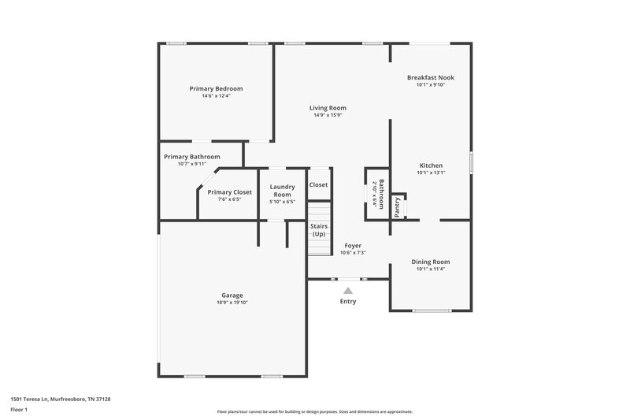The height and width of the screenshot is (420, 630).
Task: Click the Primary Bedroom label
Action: (x=216, y=89)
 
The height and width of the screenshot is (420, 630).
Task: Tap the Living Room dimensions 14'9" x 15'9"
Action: (x=328, y=116)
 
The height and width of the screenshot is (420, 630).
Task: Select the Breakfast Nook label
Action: (x=430, y=77)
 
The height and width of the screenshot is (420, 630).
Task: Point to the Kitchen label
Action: (x=430, y=165)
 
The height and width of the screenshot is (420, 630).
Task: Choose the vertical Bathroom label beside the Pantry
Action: (x=381, y=194)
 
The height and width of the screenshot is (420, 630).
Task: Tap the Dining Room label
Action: (x=431, y=262)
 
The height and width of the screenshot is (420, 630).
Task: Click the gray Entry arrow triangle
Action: (x=347, y=291)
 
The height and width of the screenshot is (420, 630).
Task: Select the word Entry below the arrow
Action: (x=347, y=301)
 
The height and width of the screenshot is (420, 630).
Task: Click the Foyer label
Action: (x=352, y=245)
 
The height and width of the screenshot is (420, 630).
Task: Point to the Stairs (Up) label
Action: (x=318, y=230)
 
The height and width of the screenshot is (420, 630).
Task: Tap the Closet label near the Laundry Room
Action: (x=318, y=184)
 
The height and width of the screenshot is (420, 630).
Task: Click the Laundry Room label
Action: (x=282, y=191)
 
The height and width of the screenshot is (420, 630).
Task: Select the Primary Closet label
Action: (x=229, y=192)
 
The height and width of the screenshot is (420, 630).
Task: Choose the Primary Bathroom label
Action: (x=192, y=157)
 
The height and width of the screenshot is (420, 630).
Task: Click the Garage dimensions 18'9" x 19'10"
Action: (x=232, y=303)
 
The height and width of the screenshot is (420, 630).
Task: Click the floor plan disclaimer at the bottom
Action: (x=314, y=411)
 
